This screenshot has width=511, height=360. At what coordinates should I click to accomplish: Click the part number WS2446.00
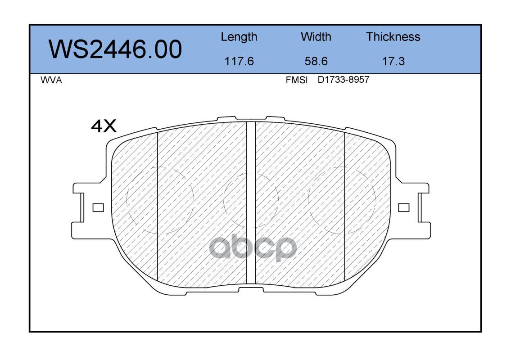tap(115, 49)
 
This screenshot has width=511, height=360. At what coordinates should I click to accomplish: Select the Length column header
tap(239, 37)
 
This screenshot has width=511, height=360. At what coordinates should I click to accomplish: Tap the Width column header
tap(316, 37)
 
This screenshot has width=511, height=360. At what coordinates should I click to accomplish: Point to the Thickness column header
tap(393, 37)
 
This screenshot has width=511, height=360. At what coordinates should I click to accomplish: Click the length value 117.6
tap(239, 61)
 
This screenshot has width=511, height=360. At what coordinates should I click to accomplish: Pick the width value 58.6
tap(316, 61)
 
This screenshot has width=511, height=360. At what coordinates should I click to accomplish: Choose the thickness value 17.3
tap(393, 61)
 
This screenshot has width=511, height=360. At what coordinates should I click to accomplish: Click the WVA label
tap(51, 80)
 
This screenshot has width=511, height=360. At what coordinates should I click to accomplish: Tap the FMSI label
tap(296, 80)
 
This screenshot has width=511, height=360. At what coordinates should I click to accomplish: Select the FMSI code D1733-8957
tap(343, 80)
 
